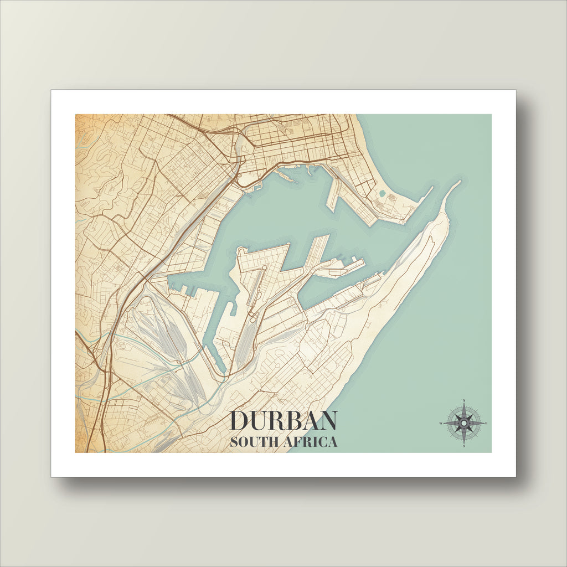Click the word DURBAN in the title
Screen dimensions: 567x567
click(x=283, y=421)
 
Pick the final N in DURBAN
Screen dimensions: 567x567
click(x=327, y=421)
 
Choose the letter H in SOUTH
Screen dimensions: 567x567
click(x=273, y=442)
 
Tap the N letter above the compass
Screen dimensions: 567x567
click(x=463, y=400)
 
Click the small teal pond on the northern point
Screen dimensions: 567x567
click(x=381, y=194)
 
